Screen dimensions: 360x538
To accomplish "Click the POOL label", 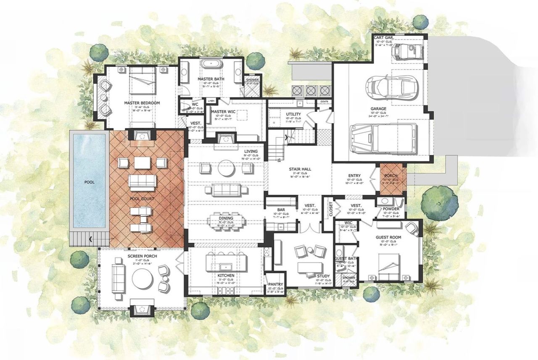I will (89, 182).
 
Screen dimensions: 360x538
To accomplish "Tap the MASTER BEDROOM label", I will (142, 103).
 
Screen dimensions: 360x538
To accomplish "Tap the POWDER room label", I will (391, 209).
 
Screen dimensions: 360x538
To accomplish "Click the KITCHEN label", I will (226, 276).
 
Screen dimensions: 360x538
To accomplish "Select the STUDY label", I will (322, 276).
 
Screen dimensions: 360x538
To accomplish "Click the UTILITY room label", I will (293, 114).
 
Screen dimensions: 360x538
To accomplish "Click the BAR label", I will (282, 209).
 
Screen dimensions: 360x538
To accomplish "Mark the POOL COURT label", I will (142, 198).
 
